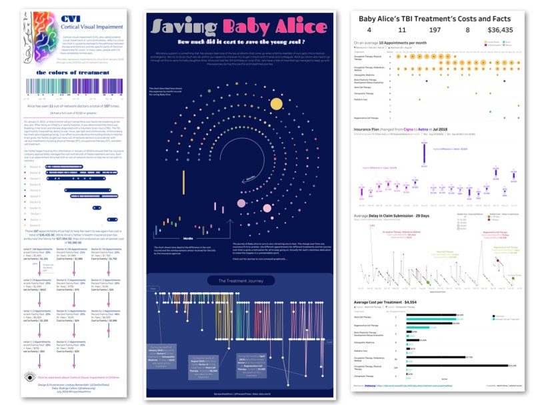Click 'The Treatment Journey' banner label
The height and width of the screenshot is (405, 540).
pos(242,280)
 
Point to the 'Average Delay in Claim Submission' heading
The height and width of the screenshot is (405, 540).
pos(393,216)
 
